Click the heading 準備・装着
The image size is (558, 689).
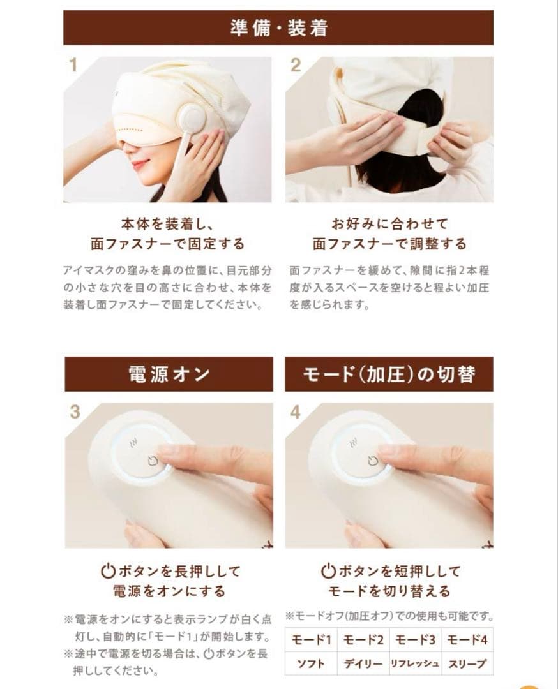pyautogui.click(x=278, y=28)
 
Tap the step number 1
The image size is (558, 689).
pyautogui.click(x=73, y=66)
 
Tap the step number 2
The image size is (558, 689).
pyautogui.click(x=295, y=66)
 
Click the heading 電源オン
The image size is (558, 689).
pyautogui.click(x=169, y=374)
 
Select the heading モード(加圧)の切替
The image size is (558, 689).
pyautogui.click(x=389, y=374)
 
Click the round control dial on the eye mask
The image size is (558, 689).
pyautogui.click(x=192, y=119)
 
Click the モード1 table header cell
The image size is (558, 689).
pyautogui.click(x=311, y=640)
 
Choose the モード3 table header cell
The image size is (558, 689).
pyautogui.click(x=415, y=640)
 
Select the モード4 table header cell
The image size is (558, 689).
pyautogui.click(x=467, y=640)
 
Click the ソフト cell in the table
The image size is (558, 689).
pyautogui.click(x=311, y=663)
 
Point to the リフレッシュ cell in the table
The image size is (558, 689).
pyautogui.click(x=415, y=663)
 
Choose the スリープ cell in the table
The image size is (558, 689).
pyautogui.click(x=467, y=663)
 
